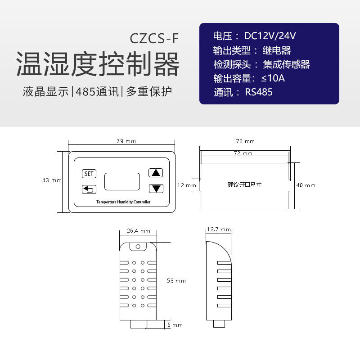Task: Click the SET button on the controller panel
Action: (89, 174)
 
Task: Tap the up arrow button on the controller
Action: (156, 173)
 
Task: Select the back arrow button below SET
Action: (89, 189)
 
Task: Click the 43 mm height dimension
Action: (51, 180)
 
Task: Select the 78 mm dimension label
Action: (245, 141)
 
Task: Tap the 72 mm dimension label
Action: (243, 153)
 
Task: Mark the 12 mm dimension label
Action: (186, 185)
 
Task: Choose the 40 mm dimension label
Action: (306, 185)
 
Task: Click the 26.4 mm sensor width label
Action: (138, 231)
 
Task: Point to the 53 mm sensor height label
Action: (176, 281)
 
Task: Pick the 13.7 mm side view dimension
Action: (219, 230)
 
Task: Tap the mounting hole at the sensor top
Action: (138, 246)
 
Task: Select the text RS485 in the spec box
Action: (259, 93)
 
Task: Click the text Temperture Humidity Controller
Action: (123, 202)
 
